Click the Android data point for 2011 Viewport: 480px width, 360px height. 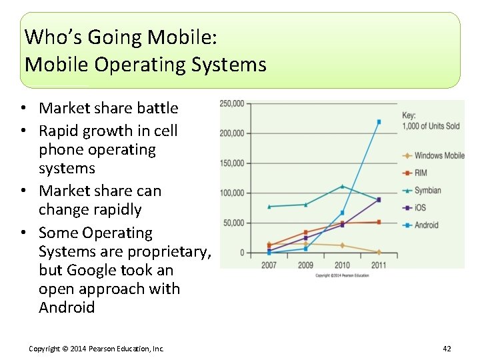379,122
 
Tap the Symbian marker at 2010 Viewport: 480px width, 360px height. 342,186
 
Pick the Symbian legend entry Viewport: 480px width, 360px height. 427,190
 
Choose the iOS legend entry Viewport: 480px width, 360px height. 420,207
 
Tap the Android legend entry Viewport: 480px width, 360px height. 426,225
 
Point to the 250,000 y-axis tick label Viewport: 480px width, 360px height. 231,103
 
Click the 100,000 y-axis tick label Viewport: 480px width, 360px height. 231,193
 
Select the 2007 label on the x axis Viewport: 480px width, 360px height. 269,265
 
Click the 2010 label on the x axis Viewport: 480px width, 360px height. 342,265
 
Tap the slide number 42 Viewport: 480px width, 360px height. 447,349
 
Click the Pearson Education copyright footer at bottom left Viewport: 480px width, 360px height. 97,349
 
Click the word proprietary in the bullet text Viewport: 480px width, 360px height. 173,251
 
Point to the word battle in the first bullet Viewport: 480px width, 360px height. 156,108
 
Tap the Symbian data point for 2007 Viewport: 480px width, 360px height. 269,207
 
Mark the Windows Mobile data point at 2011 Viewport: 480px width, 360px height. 379,252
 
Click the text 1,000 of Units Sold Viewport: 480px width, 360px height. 431,126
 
